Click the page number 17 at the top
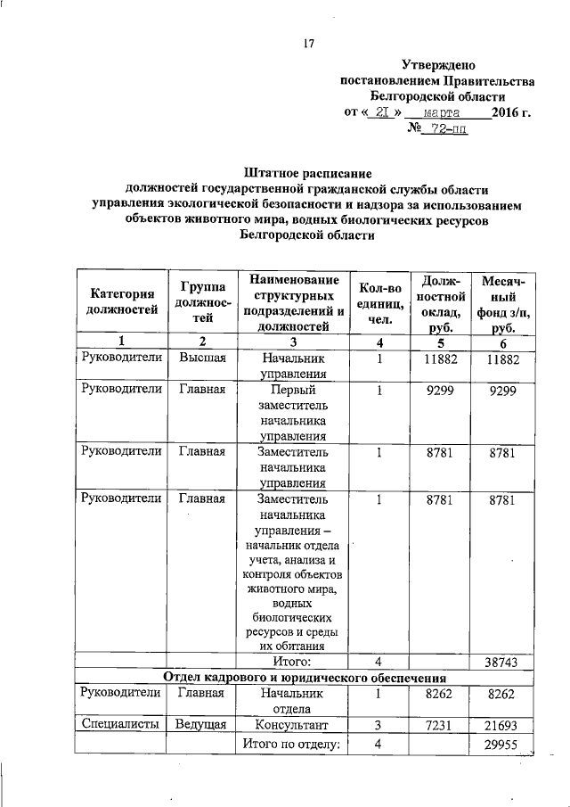point(310,43)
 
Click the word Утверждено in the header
point(439,65)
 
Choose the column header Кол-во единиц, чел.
point(379,302)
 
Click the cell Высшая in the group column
point(203,358)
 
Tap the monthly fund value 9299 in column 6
point(502,391)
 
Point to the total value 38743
point(502,663)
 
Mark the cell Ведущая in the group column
point(203,726)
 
